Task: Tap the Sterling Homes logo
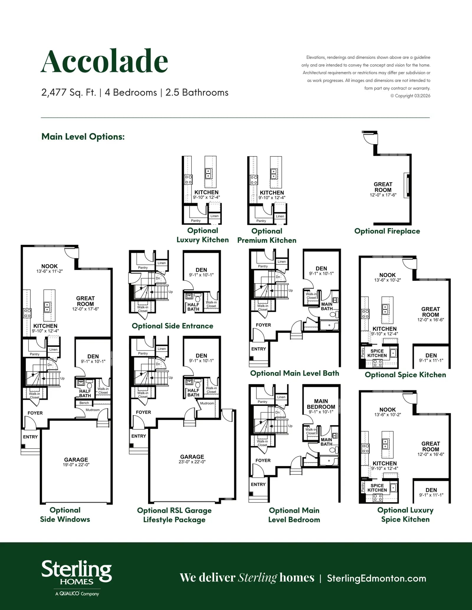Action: pos(76,578)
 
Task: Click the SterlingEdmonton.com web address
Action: pos(376,578)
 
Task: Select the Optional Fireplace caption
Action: pos(387,231)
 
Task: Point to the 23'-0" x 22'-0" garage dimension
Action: pos(192,462)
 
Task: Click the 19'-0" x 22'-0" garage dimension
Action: pos(76,465)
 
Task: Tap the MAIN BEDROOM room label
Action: pos(321,404)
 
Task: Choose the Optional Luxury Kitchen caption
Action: pos(203,235)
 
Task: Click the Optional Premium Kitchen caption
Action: pos(267,235)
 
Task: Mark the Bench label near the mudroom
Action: pos(84,403)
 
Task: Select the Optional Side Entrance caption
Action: pos(172,326)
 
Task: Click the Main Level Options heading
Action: pos(83,136)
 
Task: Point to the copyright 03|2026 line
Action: pos(410,96)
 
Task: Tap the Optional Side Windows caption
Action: pos(65,515)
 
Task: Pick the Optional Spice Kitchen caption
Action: pos(405,375)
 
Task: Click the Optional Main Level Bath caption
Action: pos(294,373)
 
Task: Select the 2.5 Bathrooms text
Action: pos(197,93)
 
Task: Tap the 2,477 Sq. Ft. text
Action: pos(69,93)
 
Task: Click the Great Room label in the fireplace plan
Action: pos(383,187)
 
